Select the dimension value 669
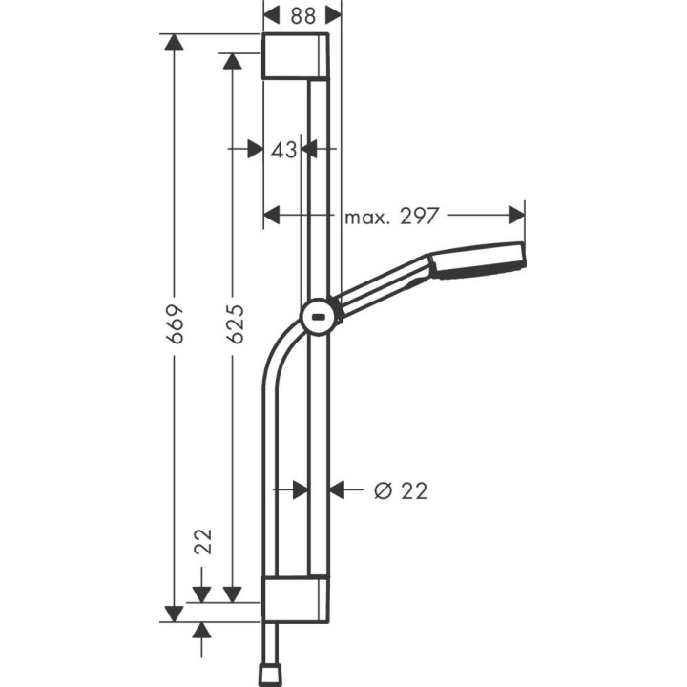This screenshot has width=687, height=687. point(174,325)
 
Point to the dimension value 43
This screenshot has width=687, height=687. point(282,149)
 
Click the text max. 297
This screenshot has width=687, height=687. point(391,216)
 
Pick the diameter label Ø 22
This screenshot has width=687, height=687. point(400,490)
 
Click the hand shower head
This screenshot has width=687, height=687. point(477,260)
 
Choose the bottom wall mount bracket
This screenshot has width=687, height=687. point(296,598)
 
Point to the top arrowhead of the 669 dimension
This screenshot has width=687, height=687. point(174,44)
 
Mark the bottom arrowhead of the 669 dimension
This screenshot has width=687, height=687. point(174,612)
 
